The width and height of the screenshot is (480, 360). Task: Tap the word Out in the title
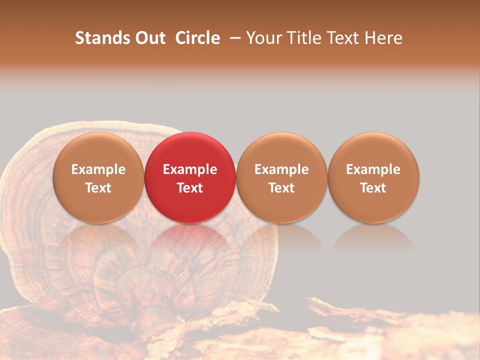[148, 38]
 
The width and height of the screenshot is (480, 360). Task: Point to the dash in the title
[233, 38]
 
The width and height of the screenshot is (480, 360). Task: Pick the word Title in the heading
[306, 38]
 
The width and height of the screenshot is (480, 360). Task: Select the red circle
[190, 150]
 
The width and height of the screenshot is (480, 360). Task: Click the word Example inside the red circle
[190, 169]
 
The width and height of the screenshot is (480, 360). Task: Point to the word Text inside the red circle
[190, 188]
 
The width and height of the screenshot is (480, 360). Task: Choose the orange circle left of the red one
[98, 150]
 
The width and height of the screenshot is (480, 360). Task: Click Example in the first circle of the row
[98, 169]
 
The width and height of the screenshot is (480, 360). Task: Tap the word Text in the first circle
[98, 188]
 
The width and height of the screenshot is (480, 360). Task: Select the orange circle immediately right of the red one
[281, 150]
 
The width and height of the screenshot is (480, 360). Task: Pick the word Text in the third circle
[281, 188]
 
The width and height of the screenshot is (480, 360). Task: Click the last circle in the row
[373, 150]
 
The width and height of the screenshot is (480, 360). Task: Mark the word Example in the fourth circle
[373, 169]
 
